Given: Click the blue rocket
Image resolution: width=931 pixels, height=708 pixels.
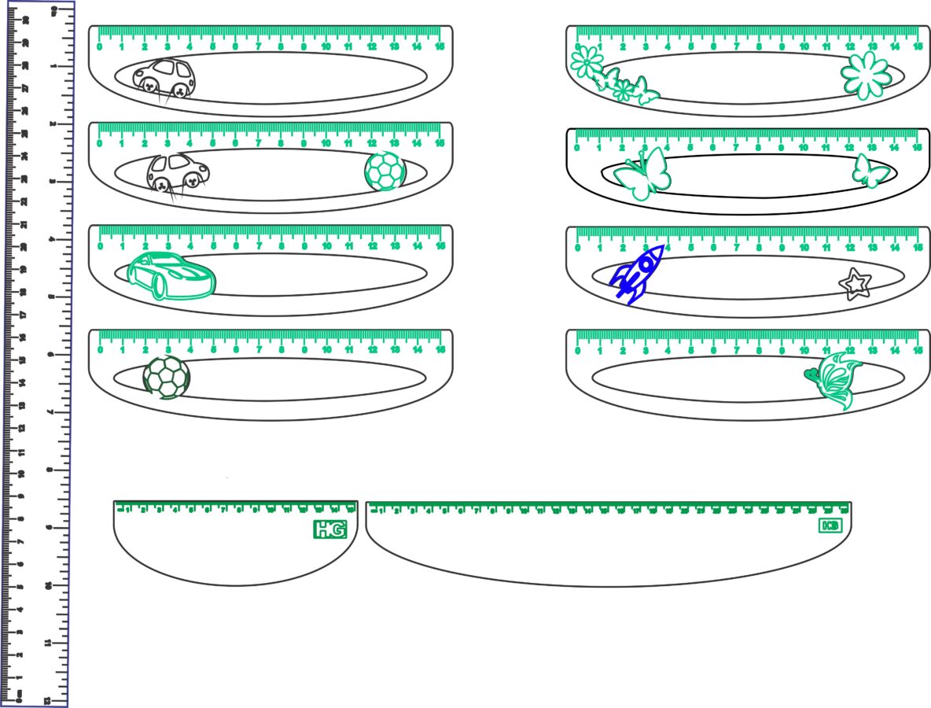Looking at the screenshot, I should (x=637, y=273).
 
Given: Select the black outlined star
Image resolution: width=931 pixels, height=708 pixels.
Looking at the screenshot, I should (x=855, y=284).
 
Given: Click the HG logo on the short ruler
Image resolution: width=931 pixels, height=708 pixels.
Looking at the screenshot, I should (x=329, y=529).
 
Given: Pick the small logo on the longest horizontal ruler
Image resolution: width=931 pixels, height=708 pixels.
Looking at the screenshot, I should (x=830, y=525).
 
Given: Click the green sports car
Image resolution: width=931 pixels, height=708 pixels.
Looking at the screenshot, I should (x=171, y=275).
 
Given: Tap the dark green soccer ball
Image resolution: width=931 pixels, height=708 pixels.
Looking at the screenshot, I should (x=167, y=377).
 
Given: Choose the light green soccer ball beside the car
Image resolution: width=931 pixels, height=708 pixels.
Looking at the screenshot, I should (x=385, y=171).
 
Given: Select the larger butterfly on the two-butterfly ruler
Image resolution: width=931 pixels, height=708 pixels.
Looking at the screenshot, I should (x=642, y=175).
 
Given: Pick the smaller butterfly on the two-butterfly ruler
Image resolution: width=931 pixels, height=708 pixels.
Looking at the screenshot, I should (x=870, y=171).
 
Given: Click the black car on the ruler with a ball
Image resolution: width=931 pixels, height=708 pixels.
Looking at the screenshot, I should (x=178, y=175).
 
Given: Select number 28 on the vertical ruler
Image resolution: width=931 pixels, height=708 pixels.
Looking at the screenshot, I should (x=25, y=65).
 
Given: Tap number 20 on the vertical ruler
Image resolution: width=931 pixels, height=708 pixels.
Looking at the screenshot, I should (x=25, y=247).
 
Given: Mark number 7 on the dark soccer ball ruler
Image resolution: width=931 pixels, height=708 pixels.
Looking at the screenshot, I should (x=259, y=350).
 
